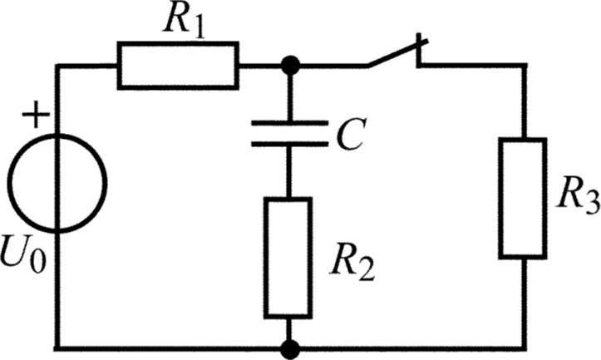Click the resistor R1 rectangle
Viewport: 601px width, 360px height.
(178, 66)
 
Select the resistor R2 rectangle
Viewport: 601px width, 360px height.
(288, 257)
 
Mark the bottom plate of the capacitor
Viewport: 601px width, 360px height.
(288, 144)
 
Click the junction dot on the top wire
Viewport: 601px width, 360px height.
(289, 64)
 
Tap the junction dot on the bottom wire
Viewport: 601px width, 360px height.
(289, 348)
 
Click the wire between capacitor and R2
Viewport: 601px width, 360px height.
(288, 170)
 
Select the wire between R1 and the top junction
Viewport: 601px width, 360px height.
(263, 65)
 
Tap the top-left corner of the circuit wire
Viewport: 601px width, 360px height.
(57, 65)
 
